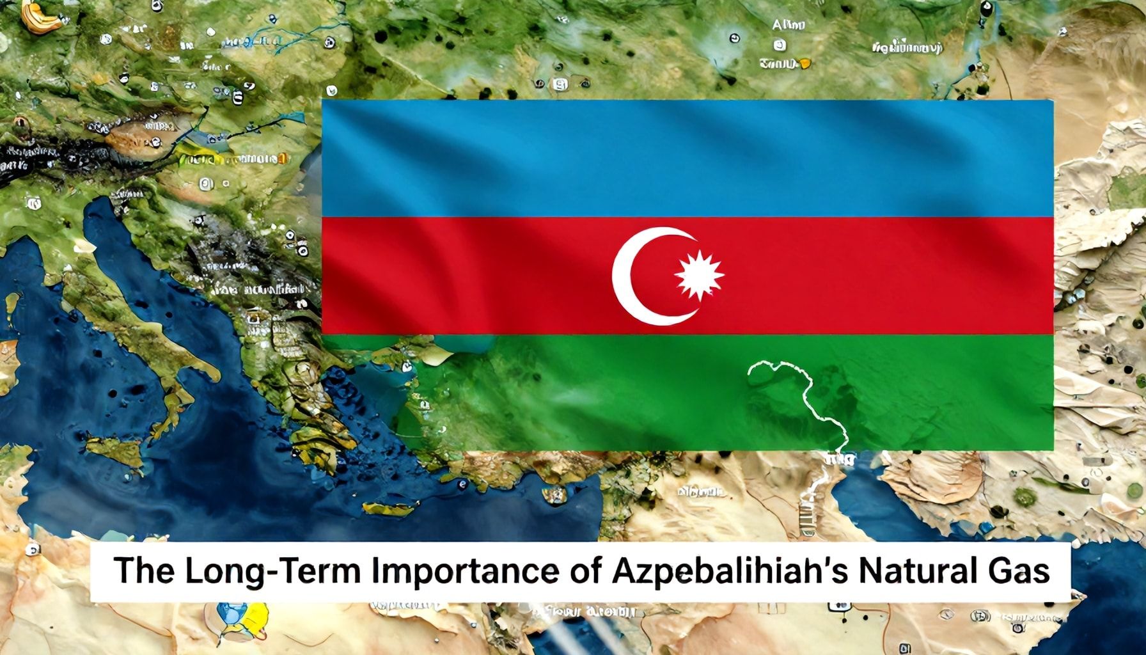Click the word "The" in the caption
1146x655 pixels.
[x=135, y=571]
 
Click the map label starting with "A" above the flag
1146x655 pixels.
[x=788, y=25]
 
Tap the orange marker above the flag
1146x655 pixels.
[x=805, y=63]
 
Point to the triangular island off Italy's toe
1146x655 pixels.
[x=115, y=448]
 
